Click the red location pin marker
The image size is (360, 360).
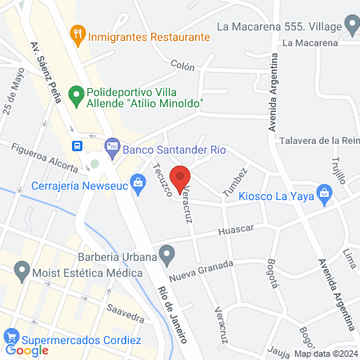[181, 178]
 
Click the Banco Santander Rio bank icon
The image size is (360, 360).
[112, 146]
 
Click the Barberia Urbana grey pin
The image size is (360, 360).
[166, 255]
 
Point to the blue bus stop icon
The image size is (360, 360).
[77, 146]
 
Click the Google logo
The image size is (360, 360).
[27, 350]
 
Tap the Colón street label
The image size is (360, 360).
[182, 65]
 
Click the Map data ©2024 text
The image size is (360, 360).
[326, 354]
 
